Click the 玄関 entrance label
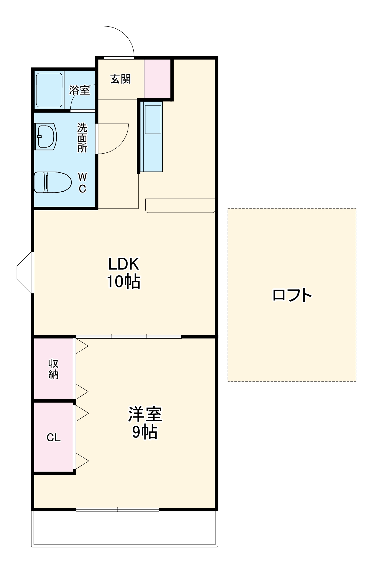point(120,79)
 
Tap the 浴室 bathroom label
point(80,90)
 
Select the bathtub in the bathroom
point(49,90)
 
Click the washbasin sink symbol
point(46,136)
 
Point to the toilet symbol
point(53,182)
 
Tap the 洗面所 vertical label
point(82,138)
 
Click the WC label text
point(82,183)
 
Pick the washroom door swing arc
point(113,139)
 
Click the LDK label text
point(124,264)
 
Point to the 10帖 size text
point(124,282)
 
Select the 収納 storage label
point(53,369)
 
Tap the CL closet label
point(53,437)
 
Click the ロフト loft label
point(292,295)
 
